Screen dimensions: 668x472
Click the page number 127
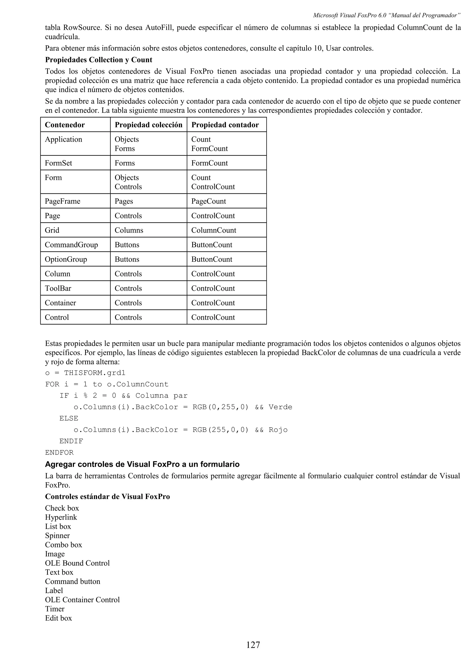253,645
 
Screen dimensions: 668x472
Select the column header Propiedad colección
148,125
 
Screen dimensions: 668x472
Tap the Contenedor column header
65,125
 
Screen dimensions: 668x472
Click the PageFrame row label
62,201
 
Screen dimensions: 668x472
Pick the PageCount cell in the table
209,201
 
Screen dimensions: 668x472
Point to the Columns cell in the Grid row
129,230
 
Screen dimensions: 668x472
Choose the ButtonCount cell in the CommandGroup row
212,245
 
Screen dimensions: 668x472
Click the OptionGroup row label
66,259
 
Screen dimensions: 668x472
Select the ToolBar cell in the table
58,288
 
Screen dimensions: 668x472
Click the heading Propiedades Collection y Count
99,60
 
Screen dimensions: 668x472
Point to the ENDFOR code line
59,452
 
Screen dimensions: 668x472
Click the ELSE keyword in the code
69,418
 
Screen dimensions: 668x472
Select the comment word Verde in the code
280,407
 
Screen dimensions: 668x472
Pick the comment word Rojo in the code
278,430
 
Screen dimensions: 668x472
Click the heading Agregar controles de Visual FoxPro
142,464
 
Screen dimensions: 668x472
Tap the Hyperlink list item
61,517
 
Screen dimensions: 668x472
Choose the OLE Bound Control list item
77,563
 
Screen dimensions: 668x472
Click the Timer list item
55,609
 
